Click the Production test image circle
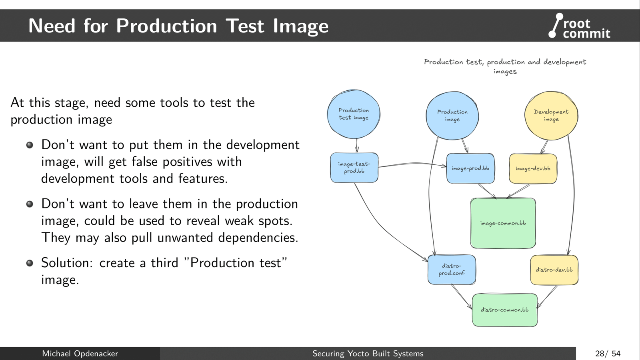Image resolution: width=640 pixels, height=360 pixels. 354,114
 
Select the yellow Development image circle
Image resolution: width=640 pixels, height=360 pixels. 551,116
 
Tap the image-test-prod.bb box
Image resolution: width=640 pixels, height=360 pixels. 354,168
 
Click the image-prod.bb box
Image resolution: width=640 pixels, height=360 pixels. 470,168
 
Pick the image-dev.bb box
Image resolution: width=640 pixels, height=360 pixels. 533,169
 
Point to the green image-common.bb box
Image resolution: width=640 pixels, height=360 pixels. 503,223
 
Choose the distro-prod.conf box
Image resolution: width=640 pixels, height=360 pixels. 452,270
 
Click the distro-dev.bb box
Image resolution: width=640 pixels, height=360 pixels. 554,270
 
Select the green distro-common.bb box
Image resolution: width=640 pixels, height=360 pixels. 504,310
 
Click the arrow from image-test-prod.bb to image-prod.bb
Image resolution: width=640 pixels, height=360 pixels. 412,164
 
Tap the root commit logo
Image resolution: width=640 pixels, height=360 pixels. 580,26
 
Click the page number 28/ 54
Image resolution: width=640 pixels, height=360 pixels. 608,354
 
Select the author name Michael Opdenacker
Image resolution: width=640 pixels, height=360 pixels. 80,354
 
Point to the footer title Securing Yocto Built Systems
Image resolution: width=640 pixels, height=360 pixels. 368,354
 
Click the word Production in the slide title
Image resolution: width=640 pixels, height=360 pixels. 166,26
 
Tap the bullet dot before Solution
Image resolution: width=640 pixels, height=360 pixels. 30,263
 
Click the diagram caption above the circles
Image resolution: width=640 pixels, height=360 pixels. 505,66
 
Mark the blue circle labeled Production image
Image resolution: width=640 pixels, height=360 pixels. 452,116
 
